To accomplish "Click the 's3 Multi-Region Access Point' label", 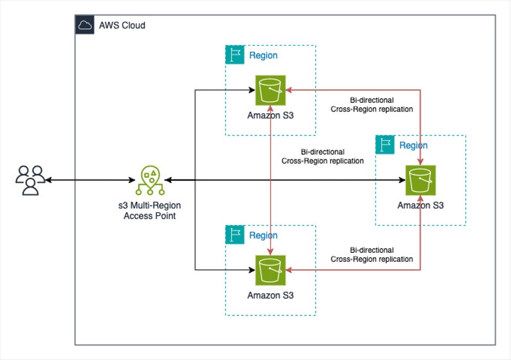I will point(149,211).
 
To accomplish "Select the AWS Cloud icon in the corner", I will point(84,25).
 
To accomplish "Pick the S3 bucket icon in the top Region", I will point(270,90).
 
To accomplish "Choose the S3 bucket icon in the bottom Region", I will point(270,270).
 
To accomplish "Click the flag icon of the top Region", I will point(234,55).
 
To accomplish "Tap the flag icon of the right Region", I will point(385,144).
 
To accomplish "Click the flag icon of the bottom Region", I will point(234,235).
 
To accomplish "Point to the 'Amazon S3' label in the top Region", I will point(270,116).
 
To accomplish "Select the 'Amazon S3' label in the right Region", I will point(421,205).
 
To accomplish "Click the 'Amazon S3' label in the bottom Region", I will point(270,296).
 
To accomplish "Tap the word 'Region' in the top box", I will point(263,55).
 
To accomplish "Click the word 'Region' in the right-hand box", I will point(413,145).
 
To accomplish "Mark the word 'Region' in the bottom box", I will point(263,235).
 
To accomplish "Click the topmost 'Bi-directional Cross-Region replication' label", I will point(372,104).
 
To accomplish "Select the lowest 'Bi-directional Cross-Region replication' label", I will point(372,254).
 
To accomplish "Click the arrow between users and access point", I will point(89,180).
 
